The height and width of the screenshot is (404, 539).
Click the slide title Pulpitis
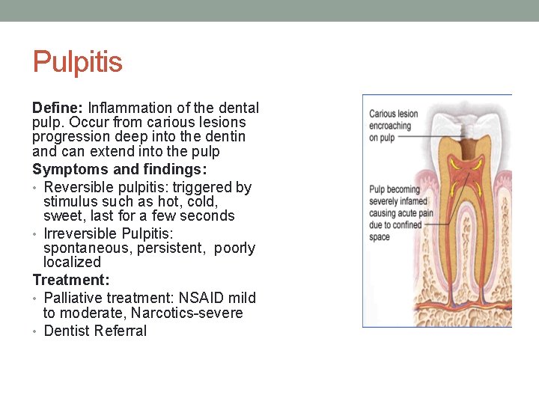click(x=77, y=62)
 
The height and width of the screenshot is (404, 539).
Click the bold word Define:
click(x=58, y=108)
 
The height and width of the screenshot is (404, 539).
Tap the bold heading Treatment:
click(x=71, y=280)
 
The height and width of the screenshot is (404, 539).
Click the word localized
click(x=72, y=262)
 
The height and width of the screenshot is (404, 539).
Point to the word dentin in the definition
click(x=224, y=137)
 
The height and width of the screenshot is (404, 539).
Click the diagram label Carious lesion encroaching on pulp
click(x=393, y=126)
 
